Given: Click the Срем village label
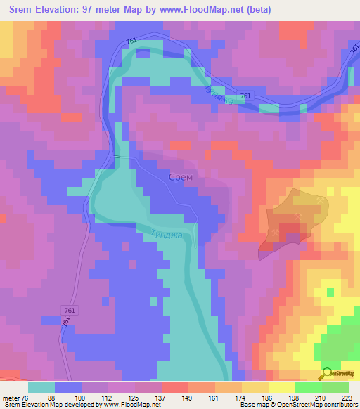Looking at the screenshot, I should (x=181, y=178).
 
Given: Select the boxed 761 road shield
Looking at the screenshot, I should (x=70, y=310).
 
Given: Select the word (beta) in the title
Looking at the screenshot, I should (x=256, y=10).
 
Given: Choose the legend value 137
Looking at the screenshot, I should (x=160, y=397).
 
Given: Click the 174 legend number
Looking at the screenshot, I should (x=241, y=397).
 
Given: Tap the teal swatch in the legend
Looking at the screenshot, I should (x=41, y=387).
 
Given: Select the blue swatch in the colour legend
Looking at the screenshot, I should (x=68, y=387).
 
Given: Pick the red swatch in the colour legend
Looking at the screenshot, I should (x=175, y=387).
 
